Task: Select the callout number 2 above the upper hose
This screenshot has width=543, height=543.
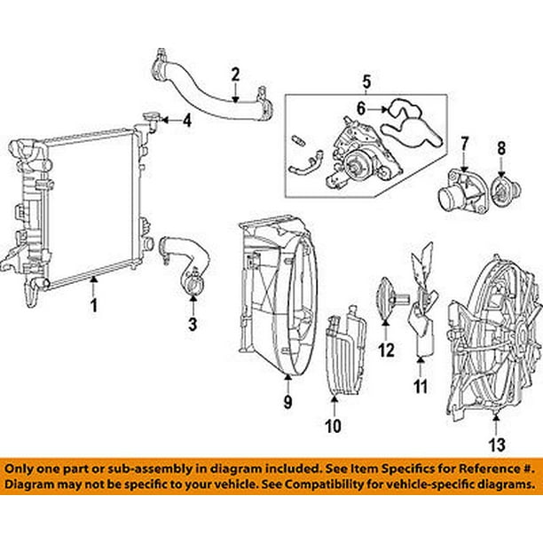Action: click(x=236, y=75)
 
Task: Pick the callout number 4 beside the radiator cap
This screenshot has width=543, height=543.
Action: click(x=186, y=121)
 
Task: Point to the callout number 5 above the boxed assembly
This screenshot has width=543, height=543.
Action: click(x=364, y=85)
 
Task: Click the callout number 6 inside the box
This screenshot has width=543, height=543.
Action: click(x=361, y=110)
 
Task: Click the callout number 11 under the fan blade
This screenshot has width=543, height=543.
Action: click(x=421, y=387)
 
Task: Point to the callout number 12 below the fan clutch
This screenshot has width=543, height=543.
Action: click(x=386, y=350)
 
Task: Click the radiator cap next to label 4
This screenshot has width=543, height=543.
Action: click(x=151, y=119)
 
